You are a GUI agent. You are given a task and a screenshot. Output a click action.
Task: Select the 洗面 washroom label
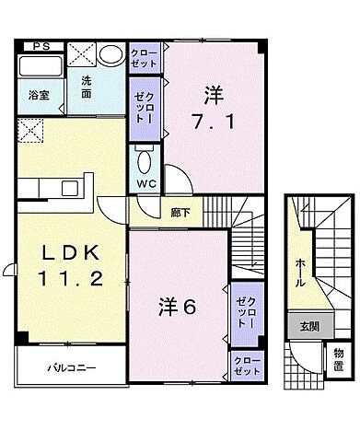coord(86,87)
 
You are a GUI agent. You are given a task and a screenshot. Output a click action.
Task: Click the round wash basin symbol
coord(110,55)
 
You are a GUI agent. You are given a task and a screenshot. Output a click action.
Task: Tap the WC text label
coord(145,184)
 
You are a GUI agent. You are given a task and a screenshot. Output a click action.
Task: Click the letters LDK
coord(66,254)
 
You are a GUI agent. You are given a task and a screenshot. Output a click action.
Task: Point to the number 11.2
coord(66,278)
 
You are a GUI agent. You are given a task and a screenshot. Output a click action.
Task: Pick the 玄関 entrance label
coord(304,325)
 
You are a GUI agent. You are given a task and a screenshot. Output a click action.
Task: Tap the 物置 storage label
coord(337,357)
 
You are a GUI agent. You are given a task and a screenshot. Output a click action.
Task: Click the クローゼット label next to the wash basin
coord(144,60)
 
